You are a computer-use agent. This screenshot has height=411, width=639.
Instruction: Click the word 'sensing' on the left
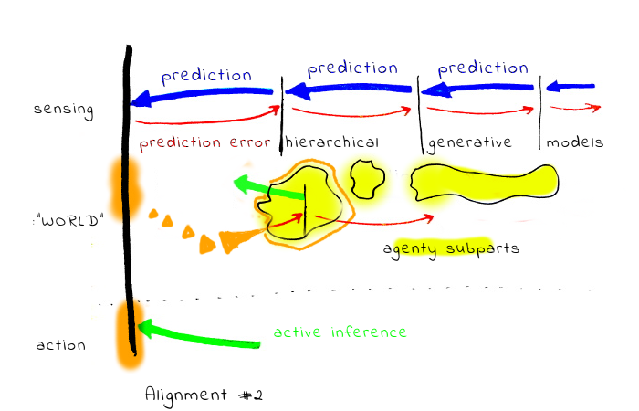(x=64, y=110)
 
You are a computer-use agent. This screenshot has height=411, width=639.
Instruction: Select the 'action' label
(x=60, y=345)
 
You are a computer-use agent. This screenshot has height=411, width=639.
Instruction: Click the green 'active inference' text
(x=340, y=332)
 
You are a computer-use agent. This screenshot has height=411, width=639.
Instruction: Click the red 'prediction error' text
(x=205, y=143)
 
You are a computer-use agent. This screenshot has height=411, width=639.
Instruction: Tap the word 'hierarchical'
(x=331, y=143)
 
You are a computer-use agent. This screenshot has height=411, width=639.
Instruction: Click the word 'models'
(x=575, y=143)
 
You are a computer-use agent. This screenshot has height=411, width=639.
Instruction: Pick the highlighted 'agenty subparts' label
(x=451, y=248)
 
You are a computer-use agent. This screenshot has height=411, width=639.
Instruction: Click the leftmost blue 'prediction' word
(x=206, y=75)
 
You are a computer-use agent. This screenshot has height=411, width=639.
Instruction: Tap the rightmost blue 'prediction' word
(x=483, y=68)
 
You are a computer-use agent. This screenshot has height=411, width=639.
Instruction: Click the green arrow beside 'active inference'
(x=201, y=334)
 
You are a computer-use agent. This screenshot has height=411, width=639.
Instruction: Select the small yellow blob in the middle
(x=366, y=178)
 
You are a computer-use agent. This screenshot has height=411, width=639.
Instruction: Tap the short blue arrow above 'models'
(x=572, y=88)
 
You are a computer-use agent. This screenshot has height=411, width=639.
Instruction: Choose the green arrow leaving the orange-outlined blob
(x=265, y=188)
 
